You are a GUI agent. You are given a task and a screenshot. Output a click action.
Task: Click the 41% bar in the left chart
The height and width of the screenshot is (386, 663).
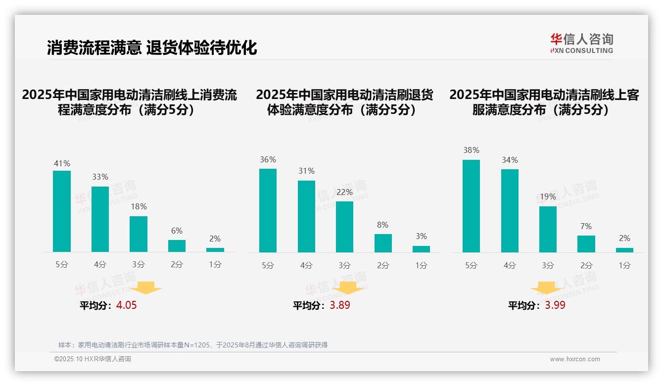click(x=62, y=211)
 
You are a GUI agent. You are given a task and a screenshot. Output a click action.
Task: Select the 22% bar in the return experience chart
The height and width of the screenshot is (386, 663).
click(x=344, y=227)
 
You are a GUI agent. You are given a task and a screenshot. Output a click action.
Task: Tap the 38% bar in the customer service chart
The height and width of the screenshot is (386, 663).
click(x=471, y=206)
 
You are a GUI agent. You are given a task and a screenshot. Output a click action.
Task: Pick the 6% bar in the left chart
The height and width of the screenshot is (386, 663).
click(x=177, y=246)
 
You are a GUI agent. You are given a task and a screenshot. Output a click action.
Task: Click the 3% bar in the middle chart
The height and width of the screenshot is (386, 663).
click(x=421, y=249)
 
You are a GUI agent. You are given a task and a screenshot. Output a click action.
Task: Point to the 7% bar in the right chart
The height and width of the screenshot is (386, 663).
click(x=586, y=244)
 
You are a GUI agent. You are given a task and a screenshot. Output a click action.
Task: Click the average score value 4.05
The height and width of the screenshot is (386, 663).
click(x=126, y=305)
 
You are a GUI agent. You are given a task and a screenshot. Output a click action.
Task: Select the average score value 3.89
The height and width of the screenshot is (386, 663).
click(x=340, y=305)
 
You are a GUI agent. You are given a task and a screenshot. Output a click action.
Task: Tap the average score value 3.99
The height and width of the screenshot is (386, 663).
click(x=555, y=305)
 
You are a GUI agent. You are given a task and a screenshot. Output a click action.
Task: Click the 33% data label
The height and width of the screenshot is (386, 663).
click(x=100, y=177)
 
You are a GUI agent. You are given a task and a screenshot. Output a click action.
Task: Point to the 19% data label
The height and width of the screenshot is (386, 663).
click(x=548, y=196)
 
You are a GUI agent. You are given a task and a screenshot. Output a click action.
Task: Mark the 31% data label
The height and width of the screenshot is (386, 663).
click(x=306, y=171)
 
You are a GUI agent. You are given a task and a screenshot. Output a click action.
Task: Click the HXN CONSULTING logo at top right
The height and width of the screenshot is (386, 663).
click(x=581, y=44)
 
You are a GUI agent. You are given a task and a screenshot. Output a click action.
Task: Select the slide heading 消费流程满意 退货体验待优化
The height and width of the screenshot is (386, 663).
click(x=152, y=48)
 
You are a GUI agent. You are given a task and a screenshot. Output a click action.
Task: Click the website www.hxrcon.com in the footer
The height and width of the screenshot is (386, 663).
click(x=575, y=359)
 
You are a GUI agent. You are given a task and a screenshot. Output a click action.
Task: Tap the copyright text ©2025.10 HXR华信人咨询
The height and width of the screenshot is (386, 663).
click(x=93, y=359)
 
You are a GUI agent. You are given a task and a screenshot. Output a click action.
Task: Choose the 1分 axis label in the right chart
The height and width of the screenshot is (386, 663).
click(x=624, y=265)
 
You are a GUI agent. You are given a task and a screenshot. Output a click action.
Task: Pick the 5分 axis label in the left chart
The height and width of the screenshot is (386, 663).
click(x=62, y=264)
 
